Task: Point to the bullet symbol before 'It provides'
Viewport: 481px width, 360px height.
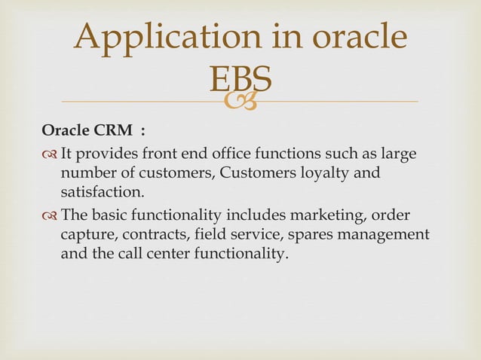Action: coord(50,155)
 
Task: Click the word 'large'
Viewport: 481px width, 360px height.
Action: coord(400,154)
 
